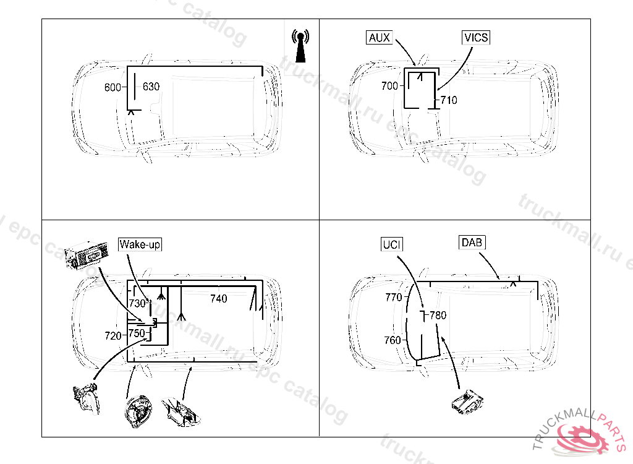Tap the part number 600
coord(113,88)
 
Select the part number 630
coord(151,87)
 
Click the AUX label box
coord(379,38)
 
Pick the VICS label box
coord(476,38)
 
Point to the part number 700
coord(389,87)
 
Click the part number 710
coord(449,100)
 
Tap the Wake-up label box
coord(140,244)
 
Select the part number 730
coord(137,303)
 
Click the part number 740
coord(218,299)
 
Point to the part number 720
coord(113,336)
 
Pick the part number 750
coord(137,333)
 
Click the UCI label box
coord(391,244)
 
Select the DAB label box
coord(472,243)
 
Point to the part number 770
coord(393,298)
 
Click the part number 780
coord(438,316)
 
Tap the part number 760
coord(392,340)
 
